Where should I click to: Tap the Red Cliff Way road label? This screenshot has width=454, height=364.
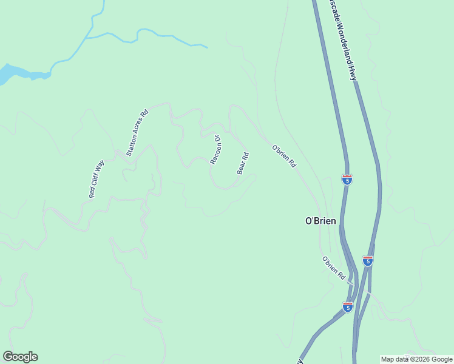(97, 179)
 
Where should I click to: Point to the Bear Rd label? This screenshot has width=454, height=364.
(243, 163)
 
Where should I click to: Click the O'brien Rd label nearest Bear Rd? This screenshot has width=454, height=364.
(283, 156)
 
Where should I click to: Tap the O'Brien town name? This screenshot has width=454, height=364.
(321, 221)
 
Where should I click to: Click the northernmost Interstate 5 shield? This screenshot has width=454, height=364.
(347, 180)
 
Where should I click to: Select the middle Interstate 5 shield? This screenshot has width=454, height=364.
(368, 260)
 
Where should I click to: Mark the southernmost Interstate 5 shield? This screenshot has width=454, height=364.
(348, 307)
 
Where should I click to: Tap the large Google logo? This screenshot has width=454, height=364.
(20, 357)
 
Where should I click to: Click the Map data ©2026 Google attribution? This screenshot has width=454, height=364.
(417, 359)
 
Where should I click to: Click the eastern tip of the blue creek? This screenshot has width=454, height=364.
(206, 47)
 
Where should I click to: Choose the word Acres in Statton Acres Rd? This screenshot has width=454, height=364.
(137, 132)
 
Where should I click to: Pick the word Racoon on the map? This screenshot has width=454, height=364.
(215, 153)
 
